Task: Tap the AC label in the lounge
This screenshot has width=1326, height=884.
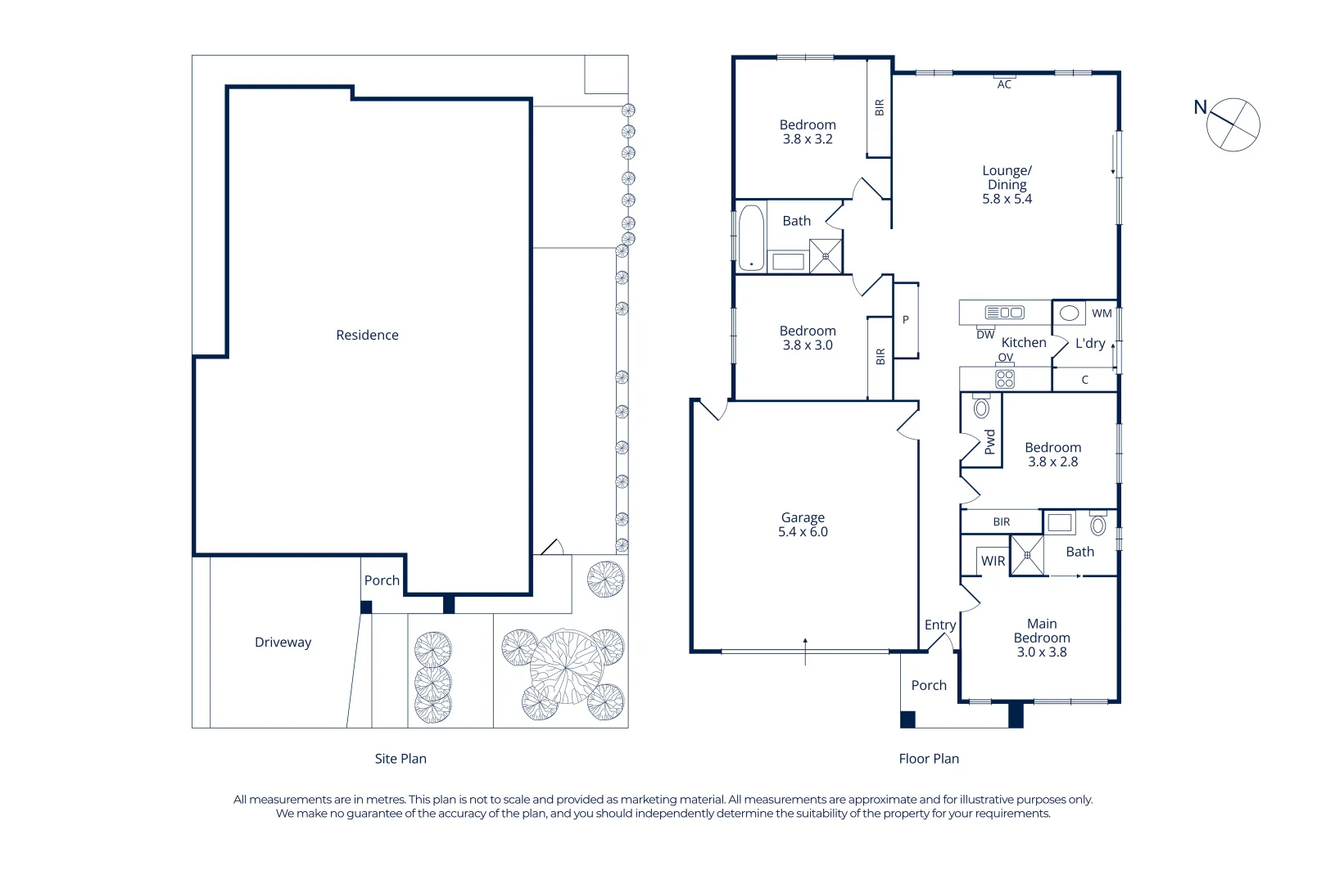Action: point(1004,84)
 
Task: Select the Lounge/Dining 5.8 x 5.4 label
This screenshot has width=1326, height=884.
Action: point(1007,185)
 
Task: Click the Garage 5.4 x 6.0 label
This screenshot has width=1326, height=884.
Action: point(803,525)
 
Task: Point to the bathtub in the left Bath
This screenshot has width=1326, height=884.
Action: point(751,237)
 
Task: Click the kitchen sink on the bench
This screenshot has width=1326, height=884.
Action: point(1004,312)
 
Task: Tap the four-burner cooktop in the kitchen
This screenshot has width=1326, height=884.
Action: point(1005,379)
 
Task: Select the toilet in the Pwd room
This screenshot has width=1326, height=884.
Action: point(981,407)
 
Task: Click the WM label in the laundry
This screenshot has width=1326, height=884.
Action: point(1102,313)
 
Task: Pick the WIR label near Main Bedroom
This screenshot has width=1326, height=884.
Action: point(993,561)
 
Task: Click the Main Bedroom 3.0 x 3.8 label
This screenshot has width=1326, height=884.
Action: point(1042,638)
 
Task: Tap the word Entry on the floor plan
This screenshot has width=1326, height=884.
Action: point(940,625)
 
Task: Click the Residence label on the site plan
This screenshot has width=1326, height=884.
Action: point(367,335)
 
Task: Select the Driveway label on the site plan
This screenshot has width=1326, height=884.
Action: point(283,642)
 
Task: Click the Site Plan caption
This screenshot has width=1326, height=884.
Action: point(401,759)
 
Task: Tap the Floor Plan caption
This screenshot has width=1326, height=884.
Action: point(929,759)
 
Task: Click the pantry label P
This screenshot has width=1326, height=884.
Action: point(905,320)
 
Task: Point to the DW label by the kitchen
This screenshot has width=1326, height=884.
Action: point(985,335)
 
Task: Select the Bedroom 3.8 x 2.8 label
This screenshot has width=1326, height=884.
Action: point(1052,454)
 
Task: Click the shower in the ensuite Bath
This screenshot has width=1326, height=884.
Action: point(1027,555)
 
